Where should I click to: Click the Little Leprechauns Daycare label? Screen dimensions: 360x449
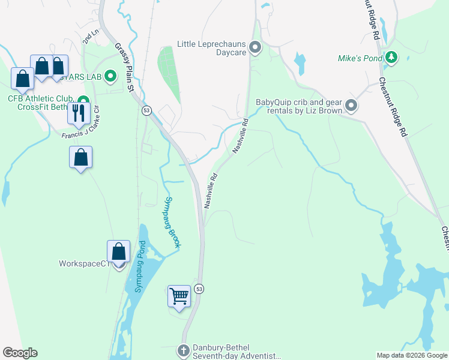212,48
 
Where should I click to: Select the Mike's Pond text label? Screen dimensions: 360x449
360,58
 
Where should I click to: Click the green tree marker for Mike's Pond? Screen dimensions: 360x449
391,58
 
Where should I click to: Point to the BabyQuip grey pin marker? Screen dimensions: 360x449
351,106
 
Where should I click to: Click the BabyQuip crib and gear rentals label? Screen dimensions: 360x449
299,106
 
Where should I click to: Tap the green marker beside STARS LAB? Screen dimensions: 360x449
110,76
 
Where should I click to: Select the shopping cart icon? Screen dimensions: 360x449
179,296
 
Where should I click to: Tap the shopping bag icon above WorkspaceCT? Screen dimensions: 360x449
119,251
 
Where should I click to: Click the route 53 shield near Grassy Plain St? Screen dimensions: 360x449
146,110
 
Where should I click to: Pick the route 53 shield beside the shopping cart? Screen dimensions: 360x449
199,289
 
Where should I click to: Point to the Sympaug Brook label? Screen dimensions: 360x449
173,223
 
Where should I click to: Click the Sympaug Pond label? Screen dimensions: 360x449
140,266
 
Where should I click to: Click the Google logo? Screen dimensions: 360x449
20,353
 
